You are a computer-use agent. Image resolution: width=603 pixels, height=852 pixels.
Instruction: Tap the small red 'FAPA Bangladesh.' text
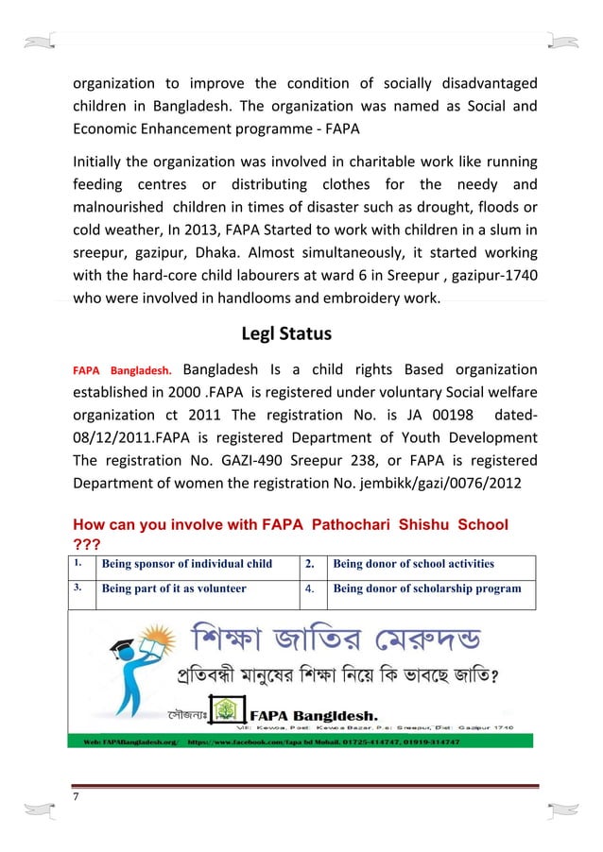(x=122, y=370)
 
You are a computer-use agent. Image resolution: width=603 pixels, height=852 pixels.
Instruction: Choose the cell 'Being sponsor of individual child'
(x=187, y=564)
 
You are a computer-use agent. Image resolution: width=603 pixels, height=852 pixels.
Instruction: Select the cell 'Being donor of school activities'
(x=413, y=564)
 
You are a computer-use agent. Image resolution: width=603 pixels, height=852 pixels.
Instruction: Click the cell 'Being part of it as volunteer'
(x=174, y=588)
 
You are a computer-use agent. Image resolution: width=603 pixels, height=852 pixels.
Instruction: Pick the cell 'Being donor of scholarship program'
(x=427, y=588)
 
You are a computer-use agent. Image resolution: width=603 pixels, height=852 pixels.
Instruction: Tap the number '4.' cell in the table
(x=312, y=588)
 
